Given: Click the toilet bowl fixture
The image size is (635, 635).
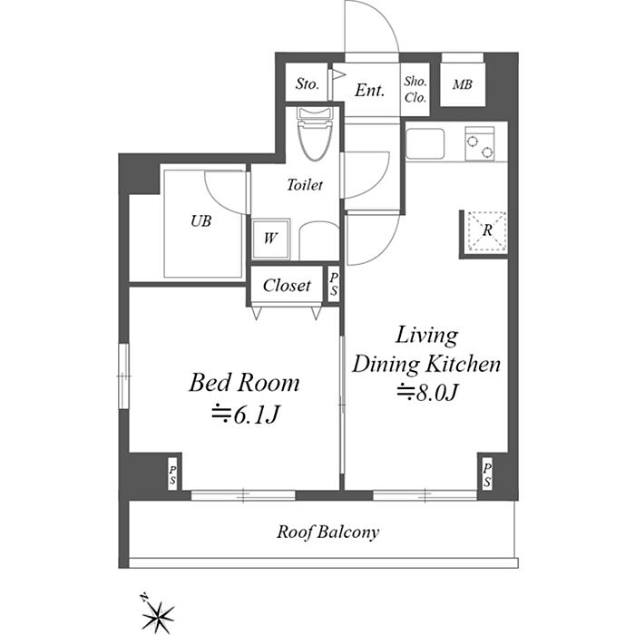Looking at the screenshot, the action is coord(316,133).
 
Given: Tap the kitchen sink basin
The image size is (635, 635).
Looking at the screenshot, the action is coord(425,143).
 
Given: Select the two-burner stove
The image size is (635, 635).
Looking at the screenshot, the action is coord(480,143).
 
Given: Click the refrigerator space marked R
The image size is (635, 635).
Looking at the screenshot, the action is coord(487,230).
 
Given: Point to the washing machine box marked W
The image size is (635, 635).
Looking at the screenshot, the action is coord(270,239).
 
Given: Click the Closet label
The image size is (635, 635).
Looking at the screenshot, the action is coord(287,286).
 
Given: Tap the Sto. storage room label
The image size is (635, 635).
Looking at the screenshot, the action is coord(308,83).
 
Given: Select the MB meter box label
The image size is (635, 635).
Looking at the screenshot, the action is coord(463,84).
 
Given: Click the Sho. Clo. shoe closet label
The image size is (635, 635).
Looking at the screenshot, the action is coord(415,89).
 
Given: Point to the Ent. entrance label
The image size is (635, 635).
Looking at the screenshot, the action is coord(369,90).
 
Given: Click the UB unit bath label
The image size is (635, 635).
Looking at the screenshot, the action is coord(200,221).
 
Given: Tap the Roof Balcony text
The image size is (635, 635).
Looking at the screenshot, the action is coord(328,532).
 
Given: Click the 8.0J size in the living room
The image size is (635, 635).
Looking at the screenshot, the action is coord(427,392).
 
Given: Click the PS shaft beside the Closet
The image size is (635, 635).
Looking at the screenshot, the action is coord(333,284).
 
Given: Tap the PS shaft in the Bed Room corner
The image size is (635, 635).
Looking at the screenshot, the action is coord(173,474).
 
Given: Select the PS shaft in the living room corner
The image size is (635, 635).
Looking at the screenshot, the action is coord(486,475).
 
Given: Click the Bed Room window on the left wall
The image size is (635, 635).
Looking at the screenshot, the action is coord(123,376).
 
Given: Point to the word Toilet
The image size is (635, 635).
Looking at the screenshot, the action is coord(305,185).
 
